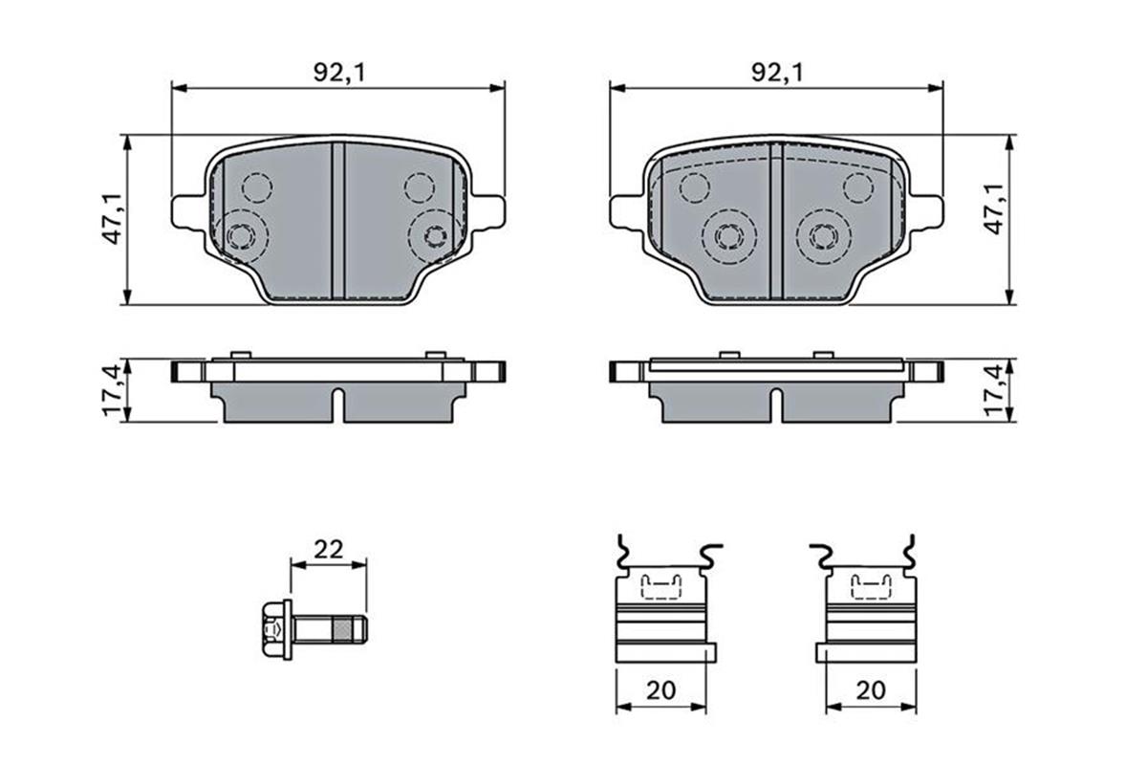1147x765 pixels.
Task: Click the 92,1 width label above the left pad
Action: point(338,72)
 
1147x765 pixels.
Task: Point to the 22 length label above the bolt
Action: point(328,549)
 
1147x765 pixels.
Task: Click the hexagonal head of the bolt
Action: point(272,629)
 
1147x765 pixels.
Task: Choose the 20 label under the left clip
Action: point(661,689)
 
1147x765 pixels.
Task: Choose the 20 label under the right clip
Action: point(871,689)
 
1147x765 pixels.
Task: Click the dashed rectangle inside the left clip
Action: point(661,585)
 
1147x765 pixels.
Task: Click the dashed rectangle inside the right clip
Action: point(871,585)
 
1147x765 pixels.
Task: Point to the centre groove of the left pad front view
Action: point(337,220)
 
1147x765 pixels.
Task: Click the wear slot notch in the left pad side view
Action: point(337,403)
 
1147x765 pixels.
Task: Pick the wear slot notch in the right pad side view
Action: point(777,403)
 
